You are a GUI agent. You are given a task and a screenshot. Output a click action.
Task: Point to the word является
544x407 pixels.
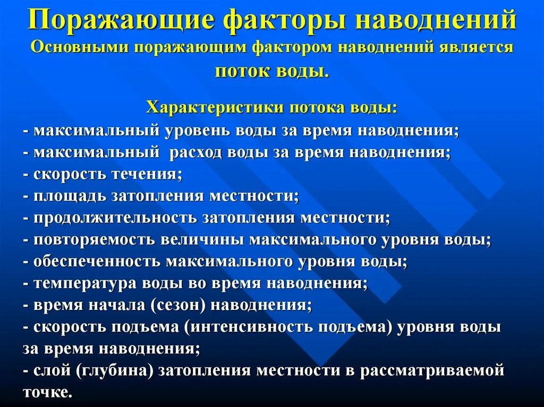pyautogui.click(x=475, y=47)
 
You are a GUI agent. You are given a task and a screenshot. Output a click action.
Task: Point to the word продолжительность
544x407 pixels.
pyautogui.click(x=114, y=218)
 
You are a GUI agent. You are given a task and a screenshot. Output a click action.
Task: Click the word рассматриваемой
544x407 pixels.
pyautogui.click(x=432, y=371)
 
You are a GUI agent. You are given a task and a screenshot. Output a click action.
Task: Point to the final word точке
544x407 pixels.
pyautogui.click(x=47, y=393)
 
